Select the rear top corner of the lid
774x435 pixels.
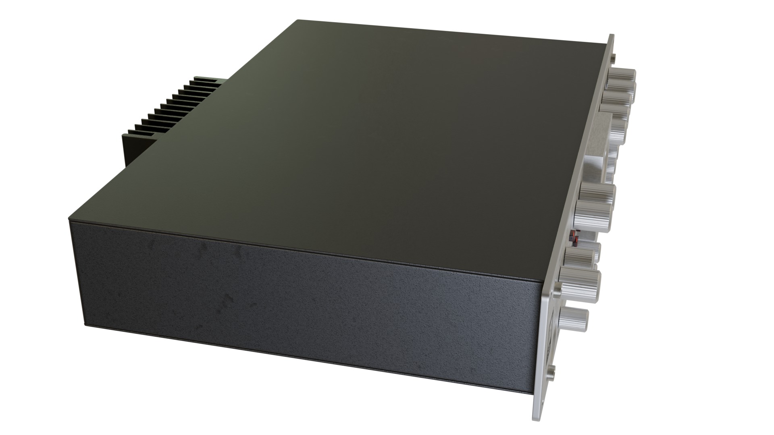click(x=298, y=20)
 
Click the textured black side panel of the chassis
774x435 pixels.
click(x=302, y=306)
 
